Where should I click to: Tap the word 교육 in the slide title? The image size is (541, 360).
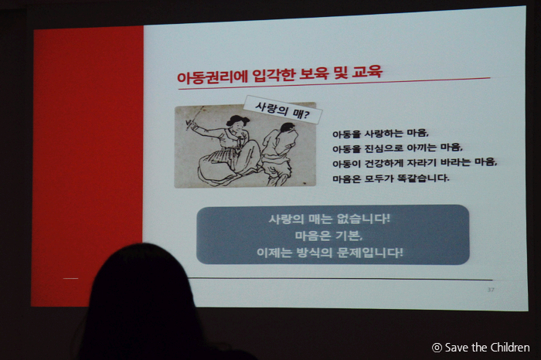click(367, 72)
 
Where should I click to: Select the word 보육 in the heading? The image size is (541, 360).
click(312, 74)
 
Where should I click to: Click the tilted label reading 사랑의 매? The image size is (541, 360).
click(283, 110)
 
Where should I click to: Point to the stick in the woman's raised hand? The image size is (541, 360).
click(194, 119)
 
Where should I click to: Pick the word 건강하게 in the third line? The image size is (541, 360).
click(383, 164)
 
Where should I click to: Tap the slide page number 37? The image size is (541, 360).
click(491, 290)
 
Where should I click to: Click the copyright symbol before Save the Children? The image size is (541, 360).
click(437, 348)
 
